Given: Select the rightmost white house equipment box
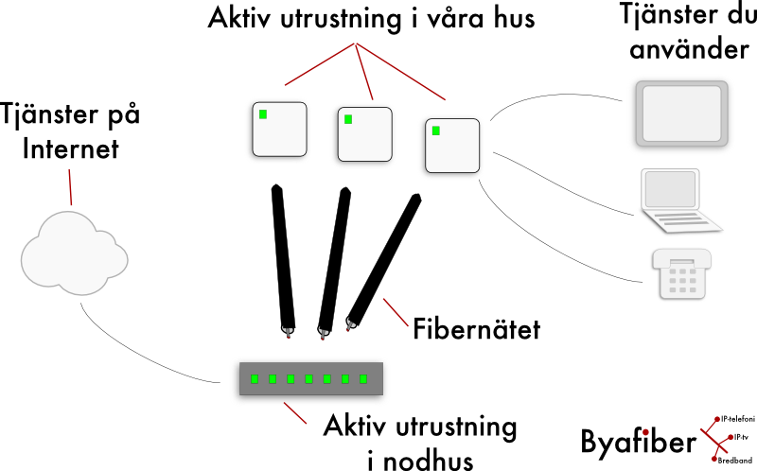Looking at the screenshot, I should pyautogui.click(x=452, y=145).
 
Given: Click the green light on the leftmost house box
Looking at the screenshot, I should pyautogui.click(x=262, y=114).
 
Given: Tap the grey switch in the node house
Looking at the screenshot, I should pyautogui.click(x=309, y=379).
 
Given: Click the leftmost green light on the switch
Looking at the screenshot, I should pyautogui.click(x=254, y=379).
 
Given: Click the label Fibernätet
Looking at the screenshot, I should pyautogui.click(x=476, y=330).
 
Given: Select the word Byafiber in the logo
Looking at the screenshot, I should pyautogui.click(x=637, y=443).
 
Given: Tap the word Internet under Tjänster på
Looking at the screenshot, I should pyautogui.click(x=71, y=149).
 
